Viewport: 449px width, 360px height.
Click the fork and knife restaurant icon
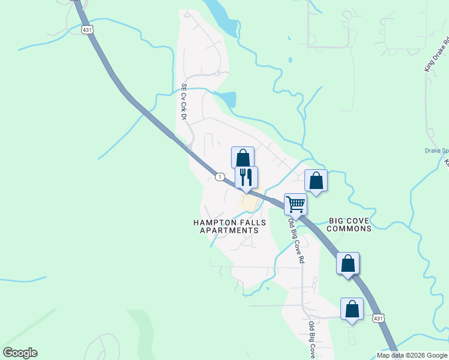(246, 177)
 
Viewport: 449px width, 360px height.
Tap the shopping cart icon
(295, 204)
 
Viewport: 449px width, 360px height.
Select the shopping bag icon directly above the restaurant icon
(243, 158)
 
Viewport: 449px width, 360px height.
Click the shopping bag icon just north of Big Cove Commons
(316, 181)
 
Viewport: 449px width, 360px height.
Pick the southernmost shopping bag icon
(352, 309)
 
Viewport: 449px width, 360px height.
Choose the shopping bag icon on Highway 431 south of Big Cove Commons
(348, 263)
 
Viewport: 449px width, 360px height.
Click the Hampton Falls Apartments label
(229, 226)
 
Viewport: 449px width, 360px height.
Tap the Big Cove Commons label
(350, 224)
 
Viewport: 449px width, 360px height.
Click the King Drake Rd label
(436, 56)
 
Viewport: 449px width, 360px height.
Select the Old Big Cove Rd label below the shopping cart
(297, 241)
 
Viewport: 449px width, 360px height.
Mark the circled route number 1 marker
(220, 176)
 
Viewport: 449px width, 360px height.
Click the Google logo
(20, 353)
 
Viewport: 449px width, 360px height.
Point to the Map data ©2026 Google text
(412, 355)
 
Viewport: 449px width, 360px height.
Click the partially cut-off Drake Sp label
(436, 151)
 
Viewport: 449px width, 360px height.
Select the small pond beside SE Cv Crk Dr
(228, 99)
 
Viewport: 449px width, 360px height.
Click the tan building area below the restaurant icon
(248, 203)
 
